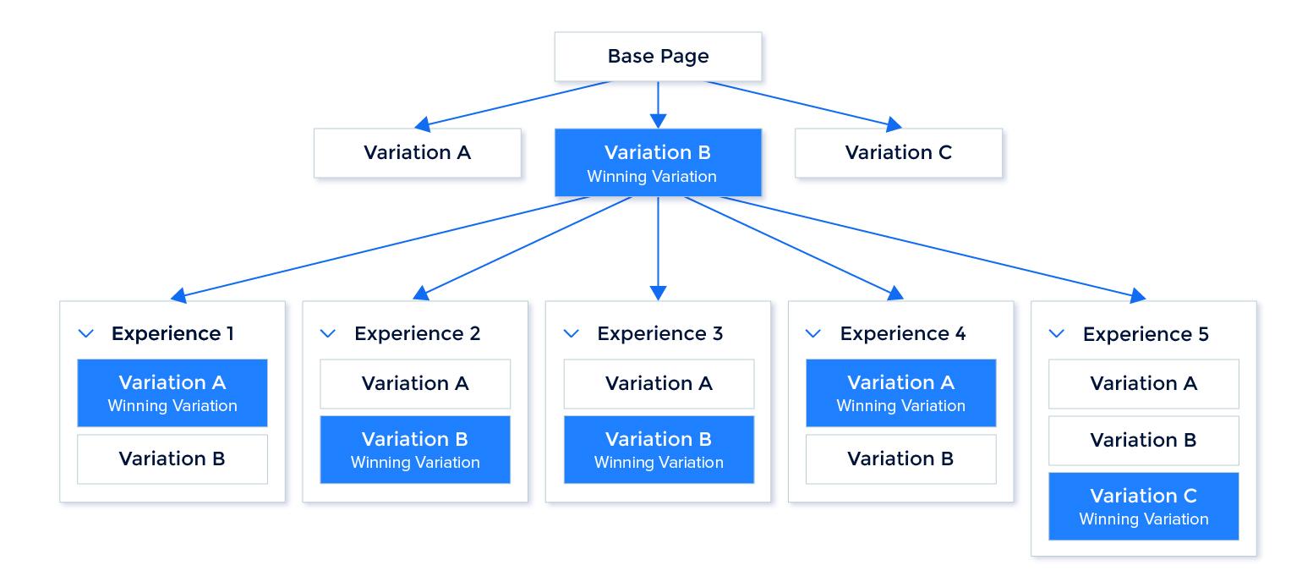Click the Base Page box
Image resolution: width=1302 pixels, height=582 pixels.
click(658, 57)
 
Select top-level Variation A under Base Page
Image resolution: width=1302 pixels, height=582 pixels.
click(417, 153)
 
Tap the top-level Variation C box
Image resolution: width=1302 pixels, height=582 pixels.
click(898, 153)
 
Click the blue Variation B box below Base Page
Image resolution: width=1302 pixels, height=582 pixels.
click(658, 162)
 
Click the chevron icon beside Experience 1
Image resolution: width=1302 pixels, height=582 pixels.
click(85, 334)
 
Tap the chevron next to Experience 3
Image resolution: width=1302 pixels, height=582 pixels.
click(572, 334)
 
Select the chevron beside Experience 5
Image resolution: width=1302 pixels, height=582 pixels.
click(1056, 334)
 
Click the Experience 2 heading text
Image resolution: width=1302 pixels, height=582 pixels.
click(417, 334)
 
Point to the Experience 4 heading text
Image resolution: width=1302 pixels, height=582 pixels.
click(902, 334)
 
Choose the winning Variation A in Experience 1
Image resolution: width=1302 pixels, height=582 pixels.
click(172, 393)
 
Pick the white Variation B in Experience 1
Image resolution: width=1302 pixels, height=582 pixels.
click(172, 458)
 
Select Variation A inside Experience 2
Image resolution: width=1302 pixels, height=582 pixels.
click(415, 384)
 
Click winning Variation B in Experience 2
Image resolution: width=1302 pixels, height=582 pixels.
click(415, 449)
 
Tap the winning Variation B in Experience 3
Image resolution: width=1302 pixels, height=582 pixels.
click(659, 449)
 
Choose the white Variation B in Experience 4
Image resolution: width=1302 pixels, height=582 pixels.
click(900, 458)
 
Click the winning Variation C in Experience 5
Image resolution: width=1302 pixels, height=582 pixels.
click(1144, 506)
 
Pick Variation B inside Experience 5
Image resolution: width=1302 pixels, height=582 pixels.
click(1144, 441)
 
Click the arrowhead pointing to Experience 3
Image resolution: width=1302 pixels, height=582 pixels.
click(658, 293)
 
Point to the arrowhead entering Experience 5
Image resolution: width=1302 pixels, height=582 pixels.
click(1137, 295)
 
